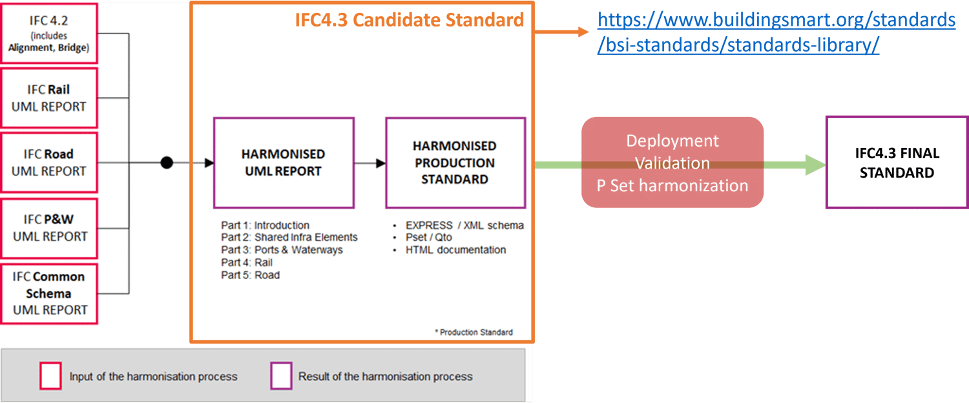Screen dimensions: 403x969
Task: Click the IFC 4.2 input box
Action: click(49, 33)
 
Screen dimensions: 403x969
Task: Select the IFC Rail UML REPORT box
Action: click(49, 98)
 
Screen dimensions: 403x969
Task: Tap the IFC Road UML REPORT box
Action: click(49, 162)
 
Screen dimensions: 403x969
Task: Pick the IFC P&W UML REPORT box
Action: click(49, 227)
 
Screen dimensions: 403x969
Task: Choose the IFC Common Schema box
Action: click(49, 293)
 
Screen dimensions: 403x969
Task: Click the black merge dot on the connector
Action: click(167, 163)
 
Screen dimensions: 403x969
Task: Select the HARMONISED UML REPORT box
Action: click(283, 163)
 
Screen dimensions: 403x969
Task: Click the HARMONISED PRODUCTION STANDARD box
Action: click(455, 163)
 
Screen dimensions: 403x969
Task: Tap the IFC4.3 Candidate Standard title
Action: click(409, 20)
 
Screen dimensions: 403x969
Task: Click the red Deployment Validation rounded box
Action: click(672, 163)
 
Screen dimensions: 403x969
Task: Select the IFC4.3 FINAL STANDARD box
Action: click(897, 163)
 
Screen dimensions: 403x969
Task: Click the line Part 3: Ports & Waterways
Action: click(282, 250)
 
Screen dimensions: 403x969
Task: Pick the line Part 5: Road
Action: click(250, 275)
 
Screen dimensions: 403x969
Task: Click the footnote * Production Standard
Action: click(474, 332)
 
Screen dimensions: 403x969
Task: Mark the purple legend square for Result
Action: click(281, 376)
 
